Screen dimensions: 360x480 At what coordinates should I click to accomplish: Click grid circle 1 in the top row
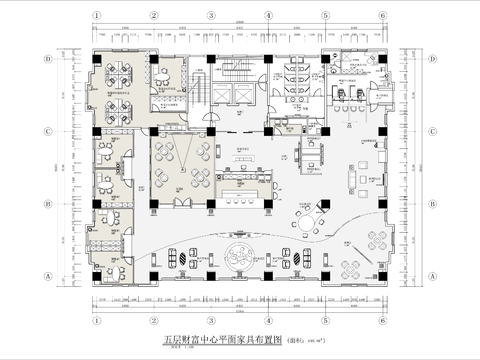[x=96, y=16]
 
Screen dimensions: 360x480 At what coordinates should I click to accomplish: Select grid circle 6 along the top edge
[x=384, y=16]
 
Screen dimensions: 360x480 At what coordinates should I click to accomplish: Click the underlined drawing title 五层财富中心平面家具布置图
[x=222, y=341]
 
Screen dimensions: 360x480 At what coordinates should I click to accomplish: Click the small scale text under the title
[x=179, y=349]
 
